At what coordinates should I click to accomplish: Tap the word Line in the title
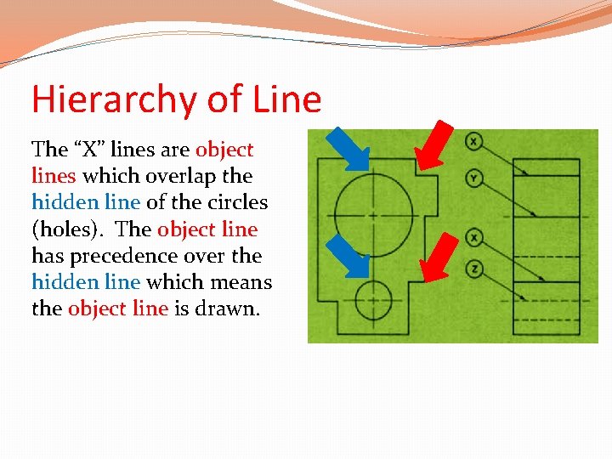click(287, 99)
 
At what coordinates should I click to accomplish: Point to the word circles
click(237, 202)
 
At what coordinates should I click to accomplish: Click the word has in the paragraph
click(46, 256)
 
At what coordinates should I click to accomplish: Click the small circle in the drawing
click(373, 300)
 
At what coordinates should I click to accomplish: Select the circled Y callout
click(473, 178)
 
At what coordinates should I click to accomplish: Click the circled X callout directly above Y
click(473, 141)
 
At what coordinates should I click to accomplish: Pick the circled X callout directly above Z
click(473, 236)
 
